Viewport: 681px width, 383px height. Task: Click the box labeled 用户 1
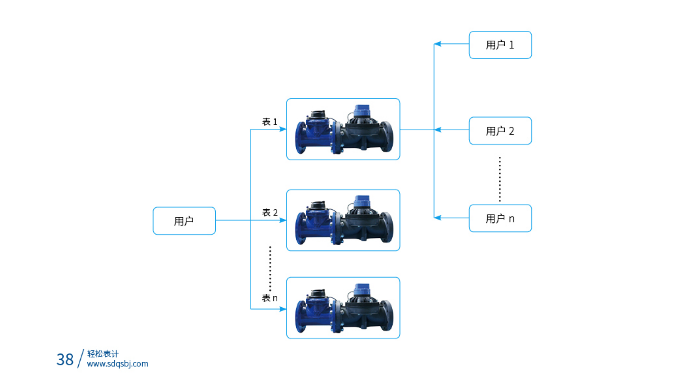[500, 45]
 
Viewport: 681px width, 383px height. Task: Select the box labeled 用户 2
[500, 131]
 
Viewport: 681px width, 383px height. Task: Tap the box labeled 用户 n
[500, 218]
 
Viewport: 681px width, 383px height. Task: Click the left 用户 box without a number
[184, 221]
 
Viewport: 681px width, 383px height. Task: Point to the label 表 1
[269, 122]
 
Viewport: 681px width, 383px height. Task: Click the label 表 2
[269, 212]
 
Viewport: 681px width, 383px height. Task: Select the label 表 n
[269, 298]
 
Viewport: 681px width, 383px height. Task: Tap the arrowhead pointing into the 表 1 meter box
[283, 129]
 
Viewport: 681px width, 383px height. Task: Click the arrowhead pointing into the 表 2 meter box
[283, 220]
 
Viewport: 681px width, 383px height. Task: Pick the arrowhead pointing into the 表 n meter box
[283, 309]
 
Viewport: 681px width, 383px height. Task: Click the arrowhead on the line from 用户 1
[438, 44]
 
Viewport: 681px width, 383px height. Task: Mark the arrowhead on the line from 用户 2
[438, 130]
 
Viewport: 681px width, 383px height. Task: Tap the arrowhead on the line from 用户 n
[438, 218]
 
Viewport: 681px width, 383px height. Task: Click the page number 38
[65, 359]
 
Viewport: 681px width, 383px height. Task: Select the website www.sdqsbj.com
[117, 364]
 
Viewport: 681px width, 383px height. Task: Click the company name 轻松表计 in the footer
[103, 354]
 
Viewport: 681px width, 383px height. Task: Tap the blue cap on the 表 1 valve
[362, 111]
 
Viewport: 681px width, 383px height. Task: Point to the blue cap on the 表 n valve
[362, 289]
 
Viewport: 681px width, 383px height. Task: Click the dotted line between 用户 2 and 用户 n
[500, 179]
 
